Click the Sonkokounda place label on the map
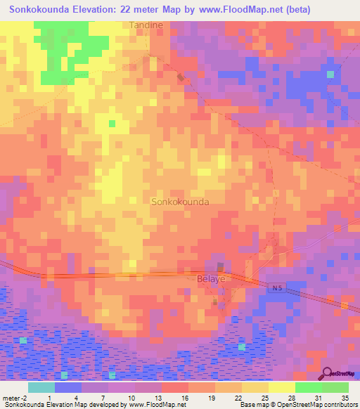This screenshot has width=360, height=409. pos(180,202)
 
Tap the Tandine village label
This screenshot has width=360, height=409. pos(146,25)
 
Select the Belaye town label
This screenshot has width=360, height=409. pos(208,278)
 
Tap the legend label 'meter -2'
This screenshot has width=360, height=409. pos(14,397)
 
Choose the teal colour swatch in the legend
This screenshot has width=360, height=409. pos(41,387)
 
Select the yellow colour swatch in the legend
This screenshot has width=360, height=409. pos(281,387)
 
